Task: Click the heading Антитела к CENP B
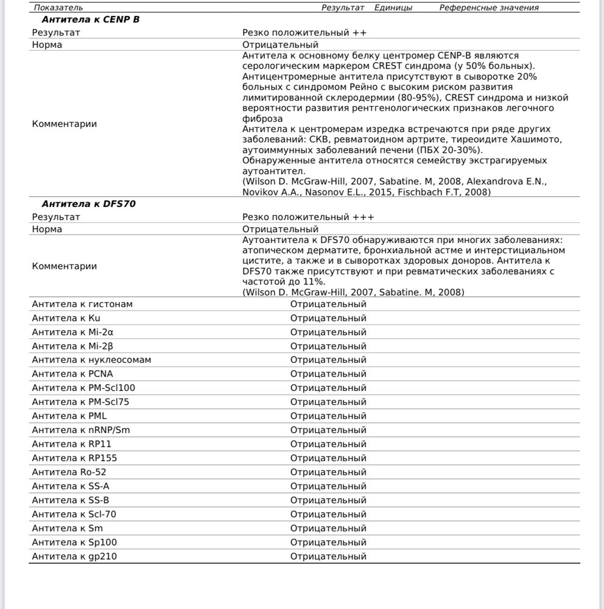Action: point(90,19)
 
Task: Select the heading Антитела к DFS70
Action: point(88,204)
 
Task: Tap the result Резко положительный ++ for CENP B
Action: point(304,32)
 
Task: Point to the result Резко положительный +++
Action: point(308,217)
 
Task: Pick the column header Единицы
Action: point(393,7)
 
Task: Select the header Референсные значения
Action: point(489,7)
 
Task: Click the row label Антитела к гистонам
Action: point(82,304)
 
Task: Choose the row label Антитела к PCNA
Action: point(72,374)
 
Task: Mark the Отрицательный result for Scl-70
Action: point(328,514)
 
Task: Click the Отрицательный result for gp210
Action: point(328,556)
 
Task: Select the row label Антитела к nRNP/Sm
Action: point(81,430)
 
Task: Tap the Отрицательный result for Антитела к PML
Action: point(328,416)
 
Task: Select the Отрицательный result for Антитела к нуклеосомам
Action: point(328,360)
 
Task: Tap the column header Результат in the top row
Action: point(343,7)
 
